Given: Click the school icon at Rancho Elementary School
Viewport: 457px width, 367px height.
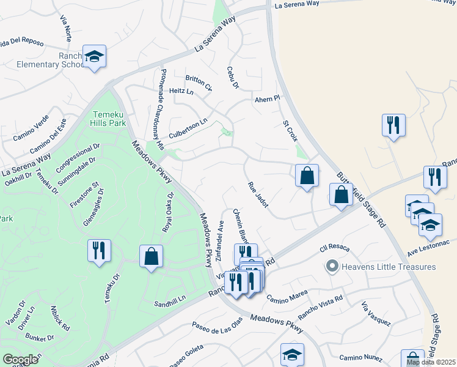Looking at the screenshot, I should pos(94,56).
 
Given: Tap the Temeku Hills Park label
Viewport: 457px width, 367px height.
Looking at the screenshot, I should pos(109,119).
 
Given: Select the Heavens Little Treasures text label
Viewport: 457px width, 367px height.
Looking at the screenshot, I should pos(389,267).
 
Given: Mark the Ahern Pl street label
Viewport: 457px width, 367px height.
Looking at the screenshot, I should pos(267,98).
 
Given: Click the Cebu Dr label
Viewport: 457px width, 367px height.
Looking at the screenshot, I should pos(232,77).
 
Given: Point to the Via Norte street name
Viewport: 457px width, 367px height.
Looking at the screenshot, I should pos(66,28).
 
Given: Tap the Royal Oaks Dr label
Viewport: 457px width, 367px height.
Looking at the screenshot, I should pos(167,212).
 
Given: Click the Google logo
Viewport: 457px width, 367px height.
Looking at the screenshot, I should pos(20,360).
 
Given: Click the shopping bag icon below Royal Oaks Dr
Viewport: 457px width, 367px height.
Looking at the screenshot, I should pos(151,257).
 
